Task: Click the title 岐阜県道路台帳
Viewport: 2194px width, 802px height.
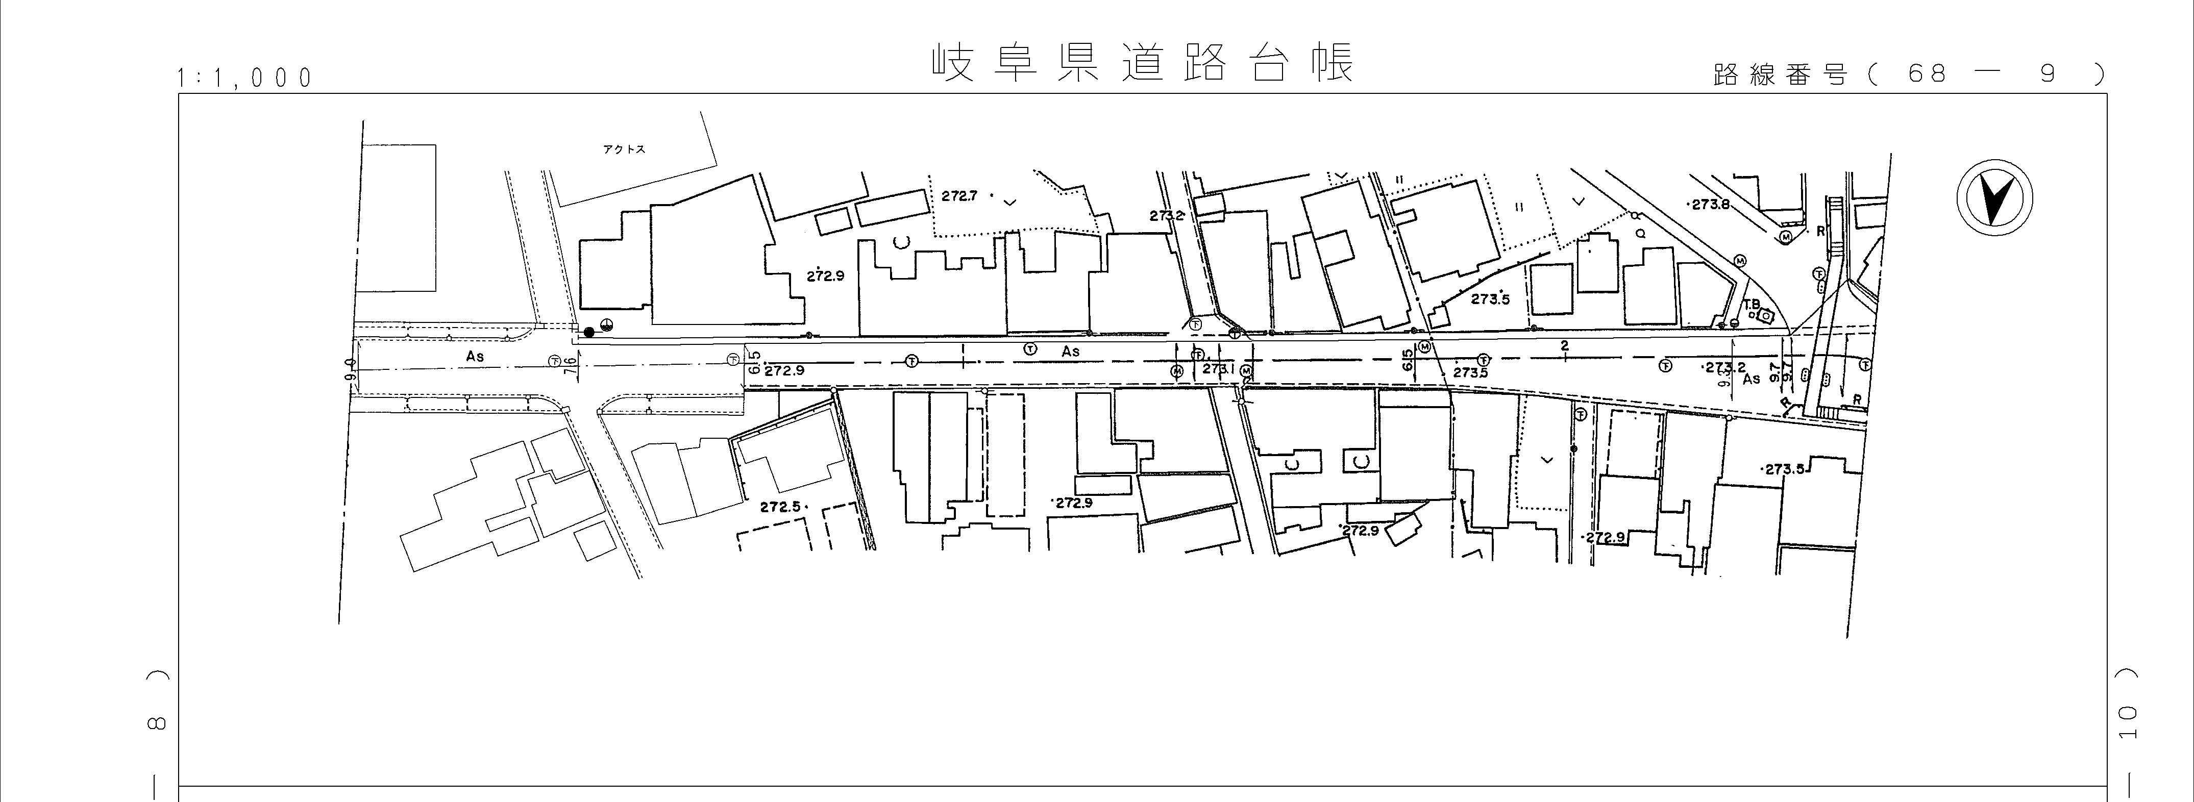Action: pyautogui.click(x=1141, y=64)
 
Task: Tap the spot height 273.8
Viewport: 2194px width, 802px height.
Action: pyautogui.click(x=1709, y=205)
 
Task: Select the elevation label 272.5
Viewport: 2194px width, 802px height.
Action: pyautogui.click(x=780, y=507)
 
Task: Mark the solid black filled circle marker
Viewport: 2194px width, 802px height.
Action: pyautogui.click(x=588, y=332)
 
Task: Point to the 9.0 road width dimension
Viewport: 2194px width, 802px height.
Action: pyautogui.click(x=349, y=369)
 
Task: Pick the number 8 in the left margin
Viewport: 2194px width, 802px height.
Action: pyautogui.click(x=156, y=723)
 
